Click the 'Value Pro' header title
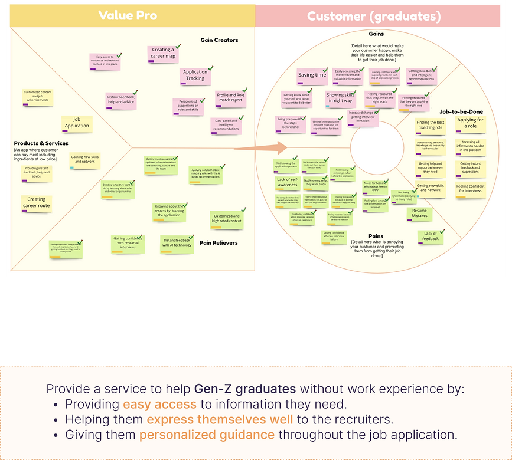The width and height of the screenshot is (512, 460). [x=128, y=15]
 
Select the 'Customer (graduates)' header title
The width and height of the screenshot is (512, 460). [x=374, y=16]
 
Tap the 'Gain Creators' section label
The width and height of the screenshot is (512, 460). [x=219, y=40]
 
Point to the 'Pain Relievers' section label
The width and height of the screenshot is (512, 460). [x=218, y=242]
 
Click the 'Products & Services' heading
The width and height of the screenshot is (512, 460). [x=41, y=143]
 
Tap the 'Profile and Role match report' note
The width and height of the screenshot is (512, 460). [x=230, y=98]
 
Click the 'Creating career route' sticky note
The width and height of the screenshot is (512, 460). [x=35, y=203]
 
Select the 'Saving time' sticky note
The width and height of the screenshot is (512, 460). [x=312, y=75]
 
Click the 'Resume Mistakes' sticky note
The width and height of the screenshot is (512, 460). [x=419, y=213]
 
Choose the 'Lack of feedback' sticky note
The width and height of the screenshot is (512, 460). [x=431, y=236]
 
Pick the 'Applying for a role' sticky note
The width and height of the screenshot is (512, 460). [x=470, y=123]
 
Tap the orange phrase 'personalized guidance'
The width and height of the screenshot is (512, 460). [x=207, y=435]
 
